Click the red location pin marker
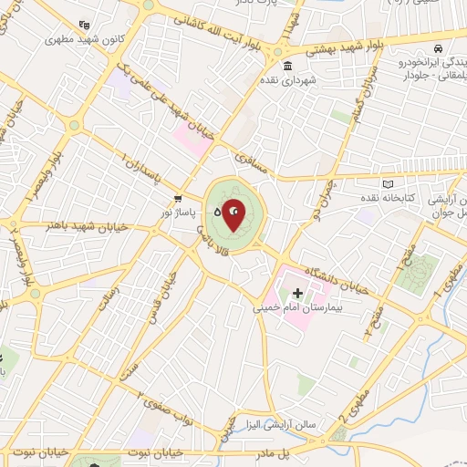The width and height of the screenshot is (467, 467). click(233, 213)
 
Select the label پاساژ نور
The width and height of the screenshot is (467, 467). click(180, 211)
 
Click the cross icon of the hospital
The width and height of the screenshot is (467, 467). click(296, 293)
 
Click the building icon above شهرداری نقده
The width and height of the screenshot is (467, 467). click(287, 66)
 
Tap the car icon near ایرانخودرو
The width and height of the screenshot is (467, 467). click(439, 47)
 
